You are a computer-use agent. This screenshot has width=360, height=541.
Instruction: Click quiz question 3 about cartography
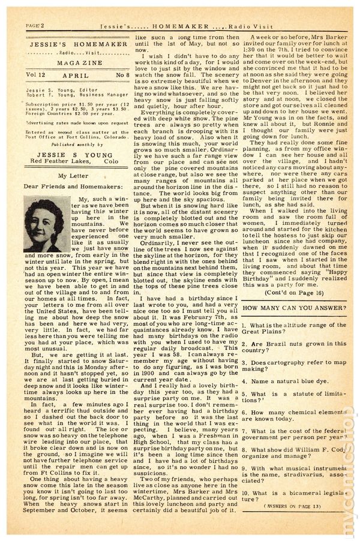[293, 365]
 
